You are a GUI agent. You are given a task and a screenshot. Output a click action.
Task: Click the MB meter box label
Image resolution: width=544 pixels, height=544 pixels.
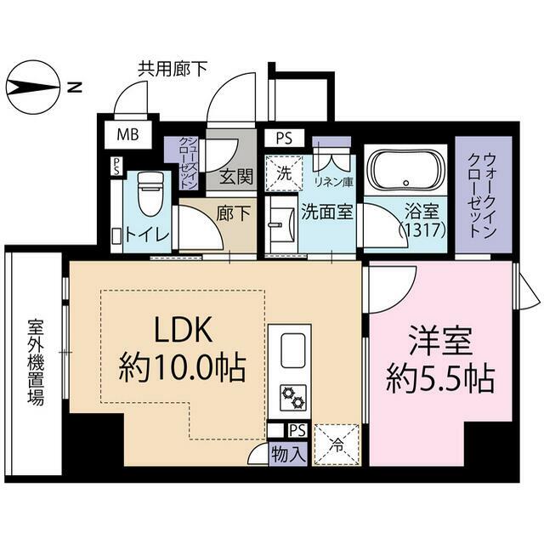(x=127, y=134)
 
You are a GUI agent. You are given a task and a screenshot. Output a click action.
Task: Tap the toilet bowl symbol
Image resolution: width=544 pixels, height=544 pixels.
(x=150, y=193)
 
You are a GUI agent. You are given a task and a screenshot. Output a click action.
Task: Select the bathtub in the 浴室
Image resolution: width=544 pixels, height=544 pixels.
(x=405, y=169)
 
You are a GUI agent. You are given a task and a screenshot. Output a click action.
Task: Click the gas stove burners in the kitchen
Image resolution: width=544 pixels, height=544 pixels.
(x=293, y=397)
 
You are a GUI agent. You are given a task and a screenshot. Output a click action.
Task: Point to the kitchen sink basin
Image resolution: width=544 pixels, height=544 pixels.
(x=293, y=351)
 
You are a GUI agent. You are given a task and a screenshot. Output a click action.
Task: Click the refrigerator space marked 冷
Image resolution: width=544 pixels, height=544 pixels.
(x=337, y=445)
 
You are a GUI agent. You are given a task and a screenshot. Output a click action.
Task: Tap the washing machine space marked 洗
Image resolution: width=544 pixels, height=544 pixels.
(x=284, y=173)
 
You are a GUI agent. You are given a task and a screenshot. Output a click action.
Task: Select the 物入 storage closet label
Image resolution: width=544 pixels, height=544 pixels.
(x=289, y=454)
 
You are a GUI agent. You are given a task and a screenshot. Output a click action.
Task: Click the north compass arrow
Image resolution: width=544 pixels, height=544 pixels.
(x=33, y=88)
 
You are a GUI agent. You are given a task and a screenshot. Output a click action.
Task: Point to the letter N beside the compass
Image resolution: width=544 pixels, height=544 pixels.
(x=74, y=88)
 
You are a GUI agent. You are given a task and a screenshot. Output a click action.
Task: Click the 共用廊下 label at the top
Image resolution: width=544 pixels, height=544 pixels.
(x=173, y=69)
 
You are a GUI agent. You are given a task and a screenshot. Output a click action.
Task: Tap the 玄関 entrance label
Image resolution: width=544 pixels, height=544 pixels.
(x=236, y=177)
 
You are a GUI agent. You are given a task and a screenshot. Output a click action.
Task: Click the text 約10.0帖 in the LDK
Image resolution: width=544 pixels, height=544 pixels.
(x=182, y=368)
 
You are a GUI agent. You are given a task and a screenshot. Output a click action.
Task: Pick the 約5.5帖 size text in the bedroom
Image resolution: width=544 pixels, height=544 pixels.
(x=440, y=379)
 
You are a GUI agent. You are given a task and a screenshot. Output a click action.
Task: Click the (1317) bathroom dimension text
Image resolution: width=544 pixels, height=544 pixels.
(x=422, y=229)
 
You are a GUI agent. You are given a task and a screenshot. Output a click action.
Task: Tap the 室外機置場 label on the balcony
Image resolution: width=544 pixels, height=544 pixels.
(x=36, y=362)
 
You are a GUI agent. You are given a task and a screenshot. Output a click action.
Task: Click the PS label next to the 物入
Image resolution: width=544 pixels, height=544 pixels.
(x=297, y=431)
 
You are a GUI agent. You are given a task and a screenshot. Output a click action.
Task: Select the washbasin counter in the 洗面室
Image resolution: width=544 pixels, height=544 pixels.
(x=280, y=224)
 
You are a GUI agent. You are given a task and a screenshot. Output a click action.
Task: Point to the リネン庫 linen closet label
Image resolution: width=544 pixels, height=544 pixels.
(x=333, y=182)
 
